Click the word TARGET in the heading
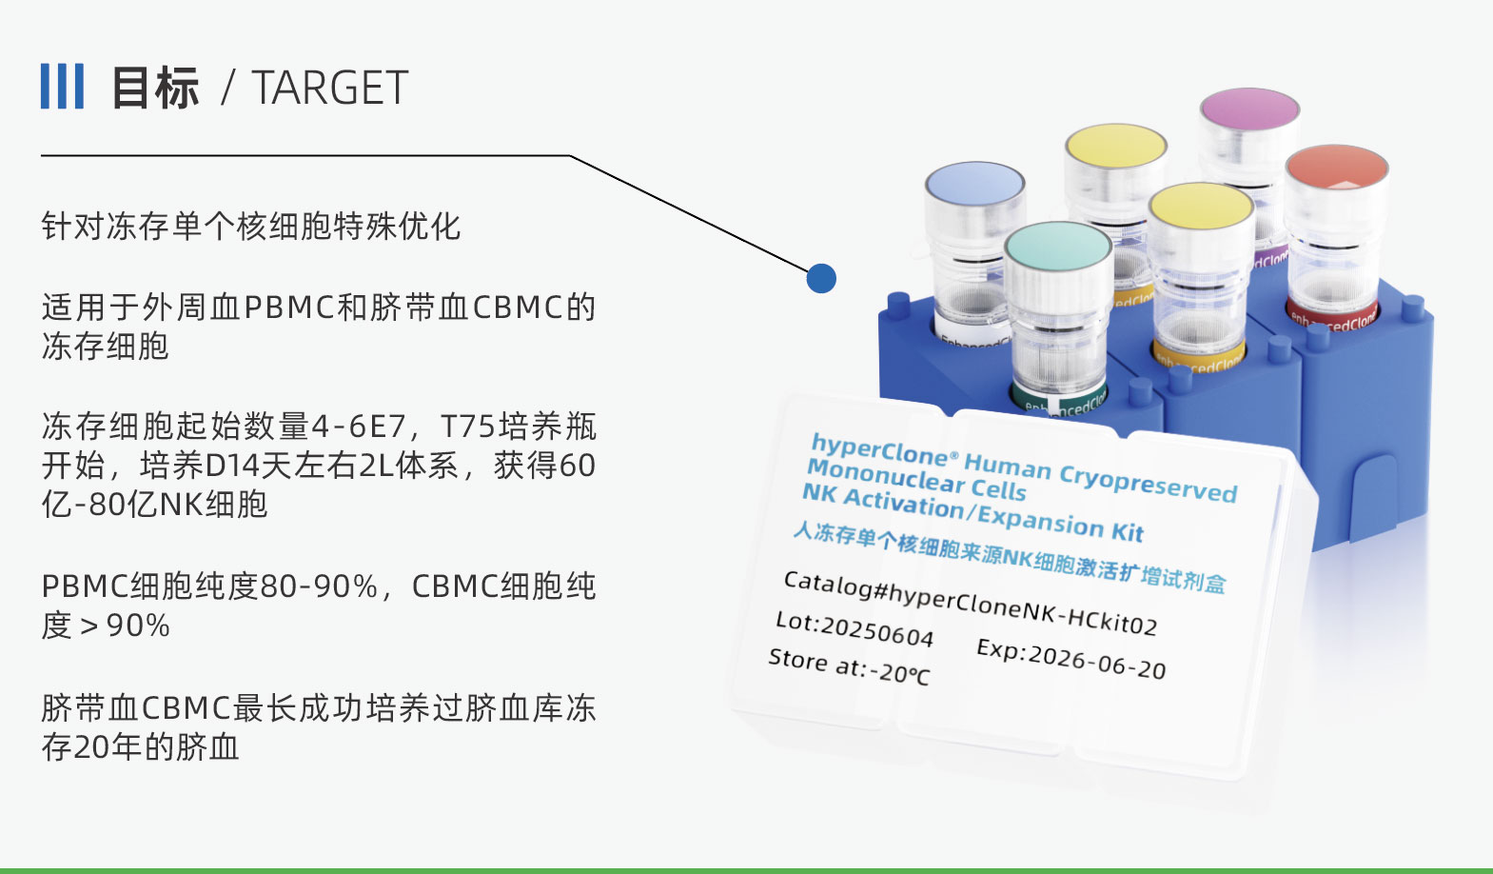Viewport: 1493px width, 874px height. pyautogui.click(x=330, y=89)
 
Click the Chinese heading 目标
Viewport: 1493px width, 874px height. pyautogui.click(x=155, y=89)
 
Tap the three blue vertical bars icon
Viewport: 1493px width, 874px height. pyautogui.click(x=62, y=87)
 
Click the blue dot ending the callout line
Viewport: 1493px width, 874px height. pyautogui.click(x=821, y=278)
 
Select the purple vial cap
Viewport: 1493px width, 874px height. pyautogui.click(x=1249, y=109)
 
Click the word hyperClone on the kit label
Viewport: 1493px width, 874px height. pyautogui.click(x=879, y=449)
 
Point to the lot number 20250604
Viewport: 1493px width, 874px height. pyautogui.click(x=876, y=630)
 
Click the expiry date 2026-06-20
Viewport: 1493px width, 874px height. pyautogui.click(x=1096, y=659)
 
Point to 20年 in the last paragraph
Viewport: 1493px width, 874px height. pyautogui.click(x=107, y=747)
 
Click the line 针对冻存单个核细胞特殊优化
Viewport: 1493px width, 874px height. pyautogui.click(x=250, y=227)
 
